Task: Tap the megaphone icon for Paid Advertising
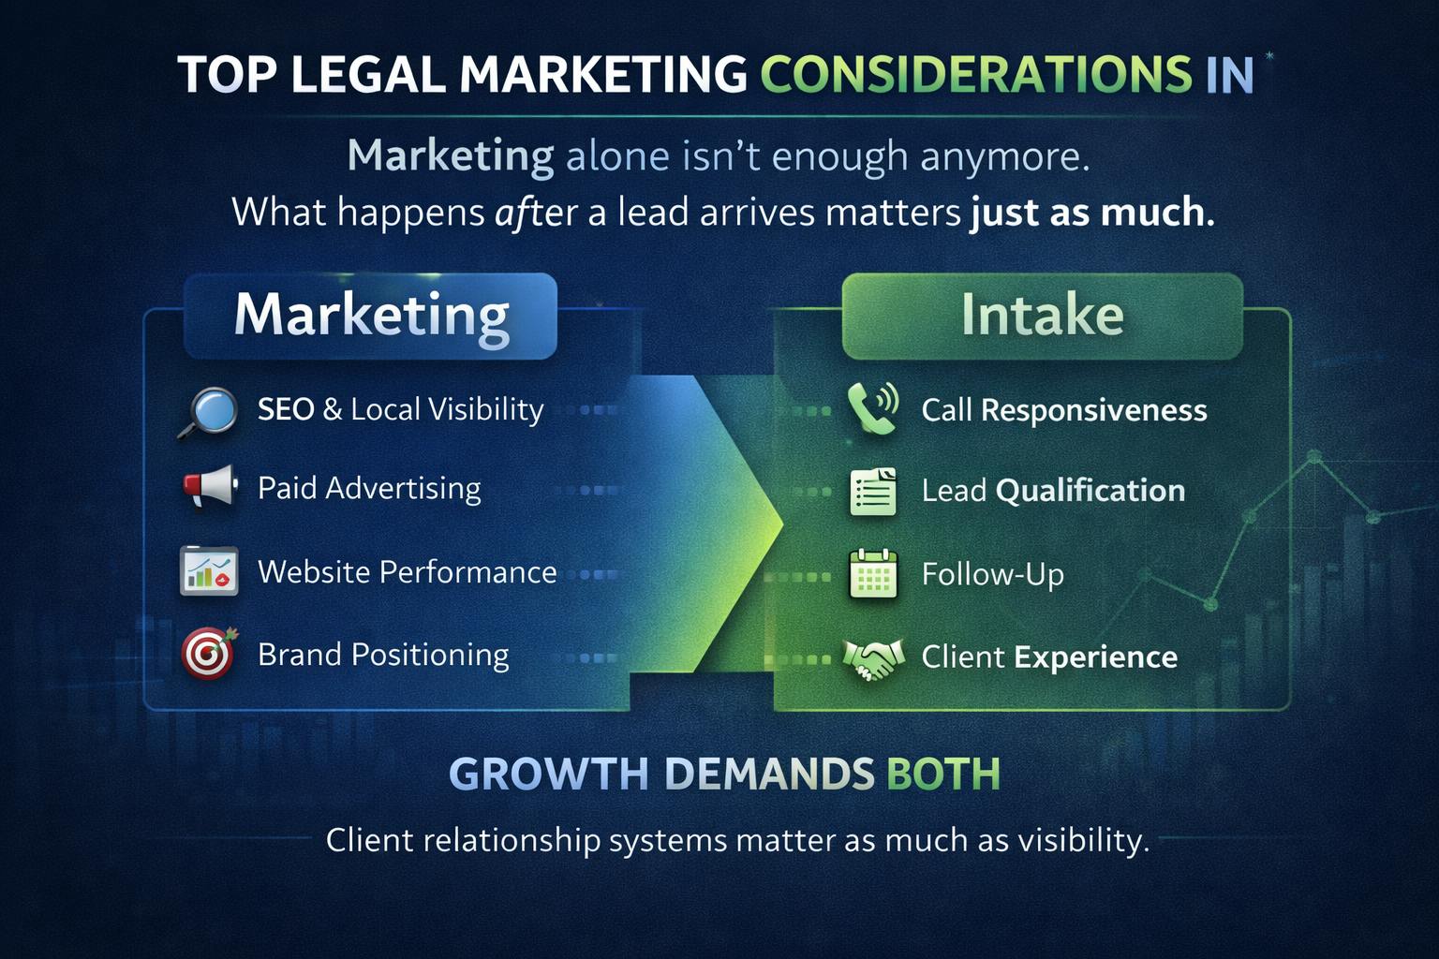pyautogui.click(x=210, y=487)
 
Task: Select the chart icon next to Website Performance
pyautogui.click(x=209, y=571)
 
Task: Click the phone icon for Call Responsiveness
pyautogui.click(x=872, y=408)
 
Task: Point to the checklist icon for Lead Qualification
pyautogui.click(x=873, y=492)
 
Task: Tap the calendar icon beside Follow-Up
pyautogui.click(x=873, y=573)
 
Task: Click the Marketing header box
pyautogui.click(x=371, y=316)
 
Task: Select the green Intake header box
pyautogui.click(x=1043, y=316)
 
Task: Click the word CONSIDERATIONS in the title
pyautogui.click(x=976, y=75)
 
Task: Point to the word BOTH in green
pyautogui.click(x=943, y=774)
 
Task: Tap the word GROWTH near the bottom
pyautogui.click(x=549, y=774)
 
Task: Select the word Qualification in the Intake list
pyautogui.click(x=1090, y=492)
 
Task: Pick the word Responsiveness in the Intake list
pyautogui.click(x=1094, y=411)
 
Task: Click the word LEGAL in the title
pyautogui.click(x=369, y=75)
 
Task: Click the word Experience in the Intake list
pyautogui.click(x=1096, y=657)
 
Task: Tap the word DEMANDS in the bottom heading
pyautogui.click(x=769, y=774)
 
